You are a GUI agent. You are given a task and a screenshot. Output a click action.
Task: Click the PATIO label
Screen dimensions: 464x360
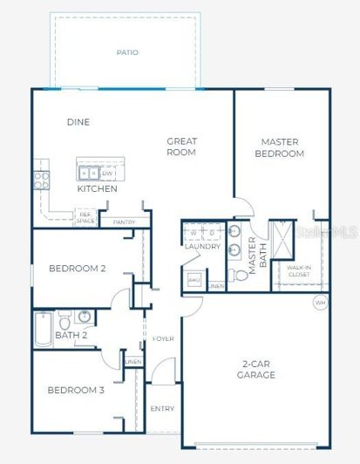click(x=127, y=52)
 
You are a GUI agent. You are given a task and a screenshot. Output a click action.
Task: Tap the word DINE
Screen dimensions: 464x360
click(x=78, y=122)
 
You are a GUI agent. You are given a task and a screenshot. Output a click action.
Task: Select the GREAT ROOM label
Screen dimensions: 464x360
click(x=182, y=147)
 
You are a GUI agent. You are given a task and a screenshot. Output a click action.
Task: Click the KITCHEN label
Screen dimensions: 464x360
click(x=98, y=188)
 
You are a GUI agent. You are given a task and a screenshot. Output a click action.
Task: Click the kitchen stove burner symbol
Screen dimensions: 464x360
click(x=41, y=180)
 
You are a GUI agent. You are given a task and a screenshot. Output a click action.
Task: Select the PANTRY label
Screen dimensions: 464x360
click(x=123, y=222)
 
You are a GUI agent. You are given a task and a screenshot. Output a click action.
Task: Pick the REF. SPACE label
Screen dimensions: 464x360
click(x=85, y=218)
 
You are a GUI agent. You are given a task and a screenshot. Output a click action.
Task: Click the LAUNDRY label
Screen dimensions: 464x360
click(x=201, y=247)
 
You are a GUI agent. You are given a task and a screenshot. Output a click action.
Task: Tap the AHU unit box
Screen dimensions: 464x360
click(x=194, y=280)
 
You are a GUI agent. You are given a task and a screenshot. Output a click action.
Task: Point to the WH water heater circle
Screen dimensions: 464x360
click(x=320, y=303)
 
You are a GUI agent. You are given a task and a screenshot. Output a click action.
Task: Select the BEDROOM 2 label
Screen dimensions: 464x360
click(x=77, y=269)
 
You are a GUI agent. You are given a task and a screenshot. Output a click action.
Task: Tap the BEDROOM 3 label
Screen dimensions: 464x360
click(x=76, y=390)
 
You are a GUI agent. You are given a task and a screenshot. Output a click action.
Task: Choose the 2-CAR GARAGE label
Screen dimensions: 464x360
click(x=256, y=369)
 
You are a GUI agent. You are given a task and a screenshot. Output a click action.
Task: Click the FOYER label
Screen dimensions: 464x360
click(x=163, y=338)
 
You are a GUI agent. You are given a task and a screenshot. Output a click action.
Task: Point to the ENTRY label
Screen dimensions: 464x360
click(x=162, y=408)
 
